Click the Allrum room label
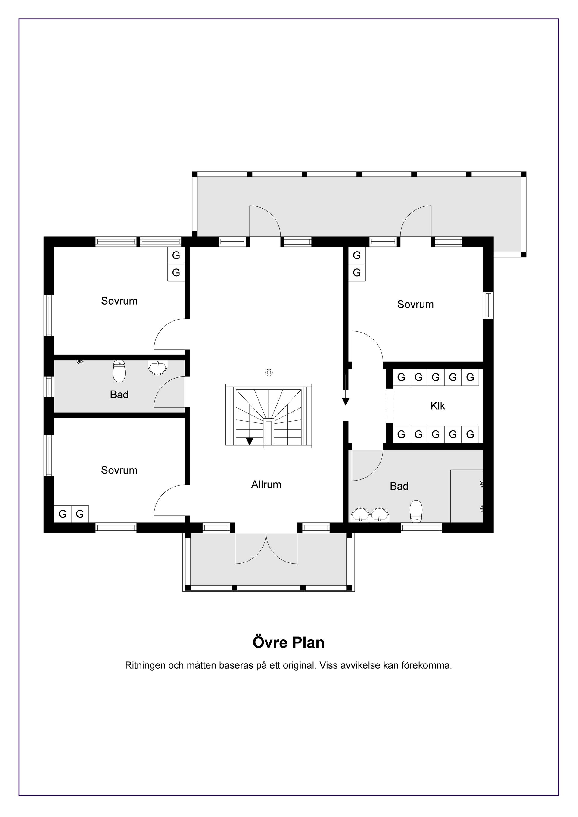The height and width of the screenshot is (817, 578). tap(266, 485)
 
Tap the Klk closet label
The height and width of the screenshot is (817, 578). tap(437, 406)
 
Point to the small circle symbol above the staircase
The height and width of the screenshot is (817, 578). tap(269, 373)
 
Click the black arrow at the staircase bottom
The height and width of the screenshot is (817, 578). tap(250, 441)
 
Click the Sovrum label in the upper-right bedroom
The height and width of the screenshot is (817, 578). tap(415, 305)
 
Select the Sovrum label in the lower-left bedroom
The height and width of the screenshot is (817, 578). tap(119, 470)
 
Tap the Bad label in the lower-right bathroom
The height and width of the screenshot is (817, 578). tap(399, 486)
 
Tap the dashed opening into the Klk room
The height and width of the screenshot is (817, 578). tap(389, 406)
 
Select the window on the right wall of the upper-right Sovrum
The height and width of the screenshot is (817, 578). tap(488, 305)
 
